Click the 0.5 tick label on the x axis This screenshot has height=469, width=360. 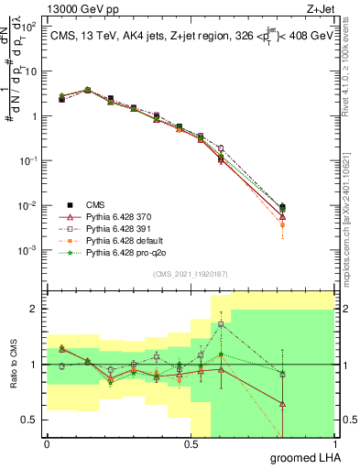pos(190,444)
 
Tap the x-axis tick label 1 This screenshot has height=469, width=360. pos(333,444)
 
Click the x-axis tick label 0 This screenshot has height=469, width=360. pos(47,444)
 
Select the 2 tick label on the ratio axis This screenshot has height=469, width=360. pos(34,309)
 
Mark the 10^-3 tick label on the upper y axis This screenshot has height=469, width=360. pos(29,250)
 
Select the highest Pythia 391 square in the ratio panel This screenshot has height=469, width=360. pos(220,324)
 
